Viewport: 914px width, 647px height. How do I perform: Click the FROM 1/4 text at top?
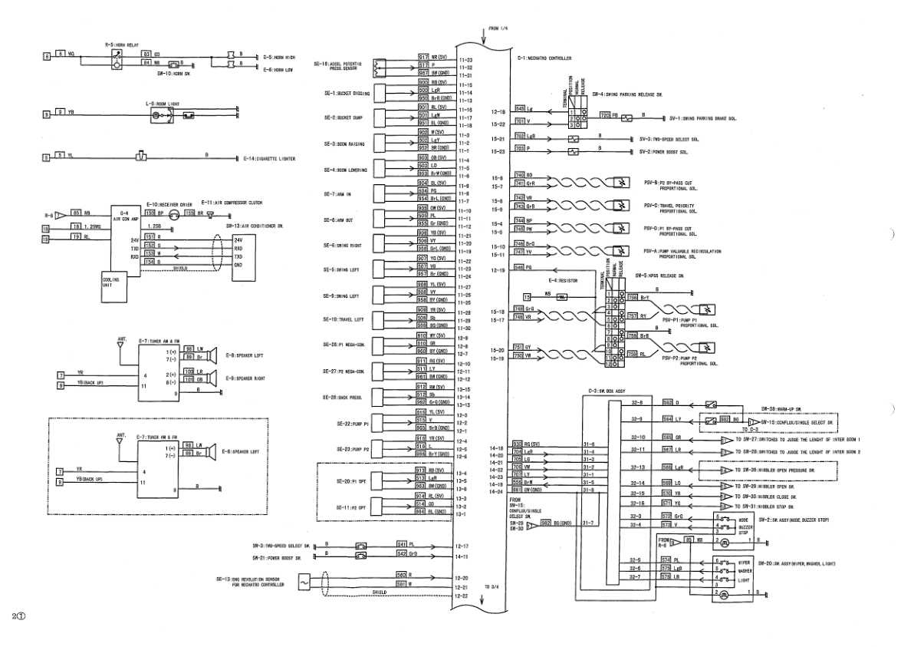[498, 28]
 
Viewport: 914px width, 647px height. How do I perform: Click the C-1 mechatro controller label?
[546, 58]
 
